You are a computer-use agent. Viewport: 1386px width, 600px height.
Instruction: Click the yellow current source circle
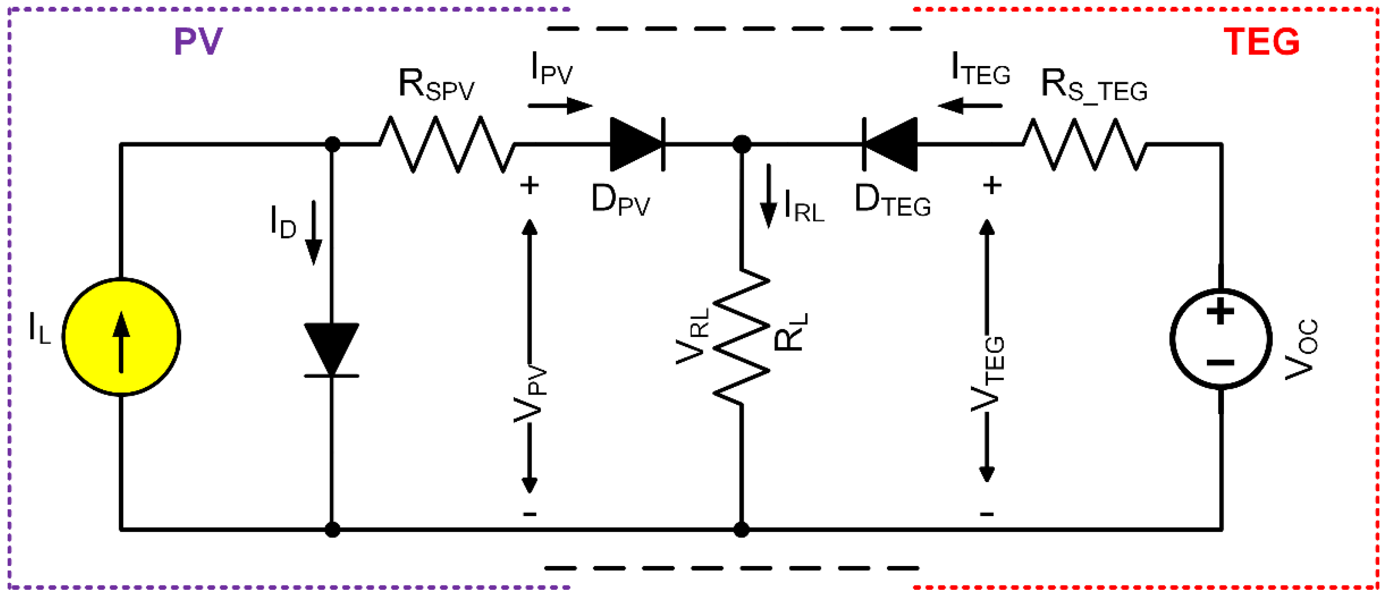[121, 337]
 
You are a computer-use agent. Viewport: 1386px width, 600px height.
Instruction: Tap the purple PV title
[198, 41]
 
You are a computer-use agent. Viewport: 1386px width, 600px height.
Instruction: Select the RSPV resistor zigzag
[447, 144]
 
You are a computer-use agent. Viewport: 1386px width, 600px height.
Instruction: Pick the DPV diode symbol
[637, 144]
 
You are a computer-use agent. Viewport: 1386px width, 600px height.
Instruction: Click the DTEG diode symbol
[890, 144]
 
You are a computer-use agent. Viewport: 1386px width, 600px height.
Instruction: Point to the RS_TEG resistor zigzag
[1084, 144]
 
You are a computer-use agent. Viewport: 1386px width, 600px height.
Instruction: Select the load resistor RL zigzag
[741, 337]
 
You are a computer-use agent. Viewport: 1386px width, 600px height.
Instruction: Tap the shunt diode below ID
[332, 349]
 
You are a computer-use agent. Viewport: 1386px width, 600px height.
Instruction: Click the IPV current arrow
[560, 105]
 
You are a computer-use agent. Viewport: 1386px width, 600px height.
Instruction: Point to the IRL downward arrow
[768, 196]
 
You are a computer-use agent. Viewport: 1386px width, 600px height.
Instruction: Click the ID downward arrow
[314, 233]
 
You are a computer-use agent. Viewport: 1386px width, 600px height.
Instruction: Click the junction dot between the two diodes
[741, 144]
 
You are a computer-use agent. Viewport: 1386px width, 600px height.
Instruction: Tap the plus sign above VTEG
[992, 185]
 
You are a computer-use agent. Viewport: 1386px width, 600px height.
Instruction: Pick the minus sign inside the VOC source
[1220, 363]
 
